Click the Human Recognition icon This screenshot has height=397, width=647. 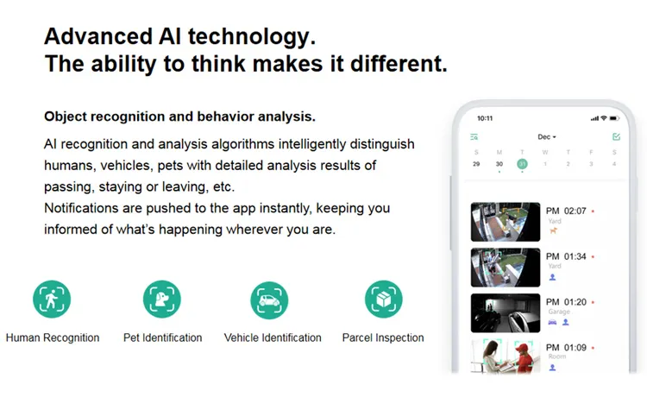click(52, 299)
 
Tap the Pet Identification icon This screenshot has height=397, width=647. click(161, 299)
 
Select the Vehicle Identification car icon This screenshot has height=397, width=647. click(269, 299)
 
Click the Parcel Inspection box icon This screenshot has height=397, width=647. click(383, 299)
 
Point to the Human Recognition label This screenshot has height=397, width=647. click(53, 337)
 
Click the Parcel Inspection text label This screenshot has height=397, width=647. click(383, 337)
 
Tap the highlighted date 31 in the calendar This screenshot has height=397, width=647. click(522, 164)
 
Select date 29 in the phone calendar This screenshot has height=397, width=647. click(476, 164)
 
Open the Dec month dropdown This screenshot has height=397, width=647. click(547, 137)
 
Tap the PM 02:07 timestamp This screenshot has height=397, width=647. click(566, 211)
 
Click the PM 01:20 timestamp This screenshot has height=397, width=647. click(566, 302)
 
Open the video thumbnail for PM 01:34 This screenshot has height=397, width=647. click(506, 268)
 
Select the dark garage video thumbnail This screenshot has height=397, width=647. click(506, 313)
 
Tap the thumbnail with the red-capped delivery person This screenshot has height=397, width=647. click(506, 356)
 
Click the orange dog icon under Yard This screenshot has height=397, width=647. click(553, 230)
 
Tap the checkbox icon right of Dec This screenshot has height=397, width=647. click(616, 137)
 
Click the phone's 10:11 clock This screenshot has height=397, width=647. click(485, 118)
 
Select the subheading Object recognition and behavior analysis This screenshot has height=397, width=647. click(179, 117)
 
